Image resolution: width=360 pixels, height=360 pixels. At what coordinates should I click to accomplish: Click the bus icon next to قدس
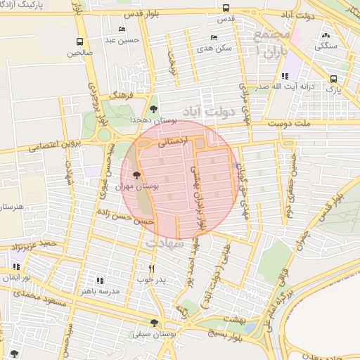click(x=226, y=8)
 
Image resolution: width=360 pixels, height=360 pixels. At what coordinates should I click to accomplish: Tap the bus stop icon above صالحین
click(x=79, y=42)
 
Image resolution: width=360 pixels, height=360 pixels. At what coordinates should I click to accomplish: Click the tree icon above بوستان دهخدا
click(x=153, y=108)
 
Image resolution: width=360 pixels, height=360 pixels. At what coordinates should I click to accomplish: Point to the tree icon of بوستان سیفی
click(x=154, y=323)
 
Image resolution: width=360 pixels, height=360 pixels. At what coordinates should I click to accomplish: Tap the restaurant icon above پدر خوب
click(x=151, y=269)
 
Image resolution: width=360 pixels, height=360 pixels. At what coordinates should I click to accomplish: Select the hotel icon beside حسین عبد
click(x=122, y=30)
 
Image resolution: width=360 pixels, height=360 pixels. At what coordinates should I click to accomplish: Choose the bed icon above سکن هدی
click(x=214, y=37)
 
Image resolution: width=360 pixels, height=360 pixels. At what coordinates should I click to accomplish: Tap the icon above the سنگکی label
click(x=324, y=36)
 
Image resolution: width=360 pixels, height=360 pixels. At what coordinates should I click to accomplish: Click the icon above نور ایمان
click(x=15, y=267)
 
